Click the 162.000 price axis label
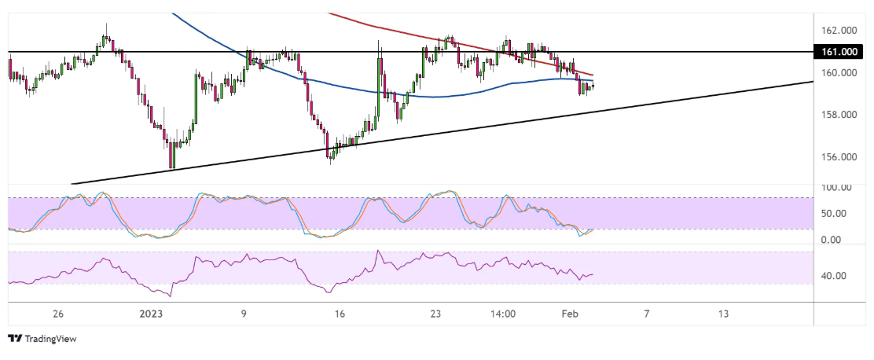(839, 31)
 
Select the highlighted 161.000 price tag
(839, 52)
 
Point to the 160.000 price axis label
(839, 73)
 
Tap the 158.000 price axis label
(839, 115)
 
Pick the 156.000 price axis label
(839, 157)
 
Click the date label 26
(57, 314)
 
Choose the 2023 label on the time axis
(152, 314)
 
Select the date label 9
(244, 314)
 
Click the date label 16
(340, 314)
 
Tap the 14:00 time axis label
(503, 314)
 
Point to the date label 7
(646, 314)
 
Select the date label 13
(723, 314)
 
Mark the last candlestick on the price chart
(592, 86)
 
